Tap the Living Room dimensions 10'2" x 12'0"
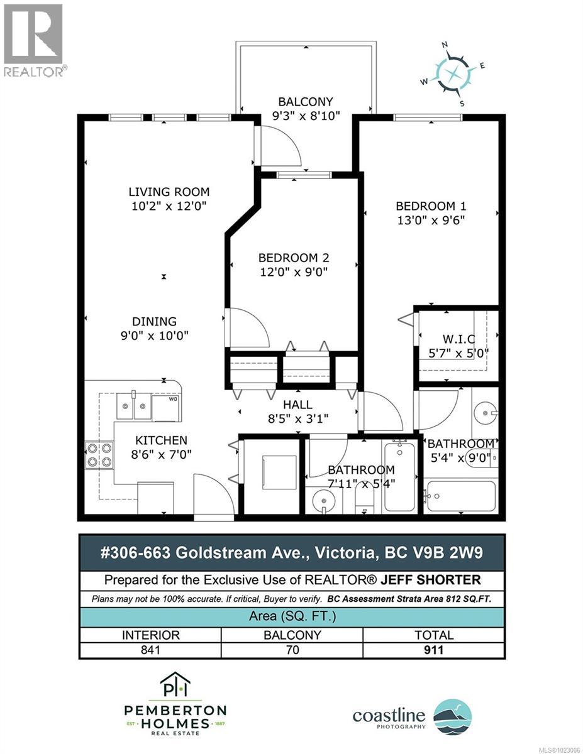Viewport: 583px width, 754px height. pos(169,205)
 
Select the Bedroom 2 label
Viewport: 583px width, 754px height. pos(294,258)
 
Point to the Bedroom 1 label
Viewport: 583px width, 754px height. pos(430,206)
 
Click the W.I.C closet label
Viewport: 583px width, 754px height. pos(457,339)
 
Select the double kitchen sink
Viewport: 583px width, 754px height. pos(133,405)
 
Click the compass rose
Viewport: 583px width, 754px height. pos(453,73)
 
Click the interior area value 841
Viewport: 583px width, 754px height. pos(150,650)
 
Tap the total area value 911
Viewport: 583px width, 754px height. pos(433,650)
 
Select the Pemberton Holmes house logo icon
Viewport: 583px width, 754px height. pos(174,687)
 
